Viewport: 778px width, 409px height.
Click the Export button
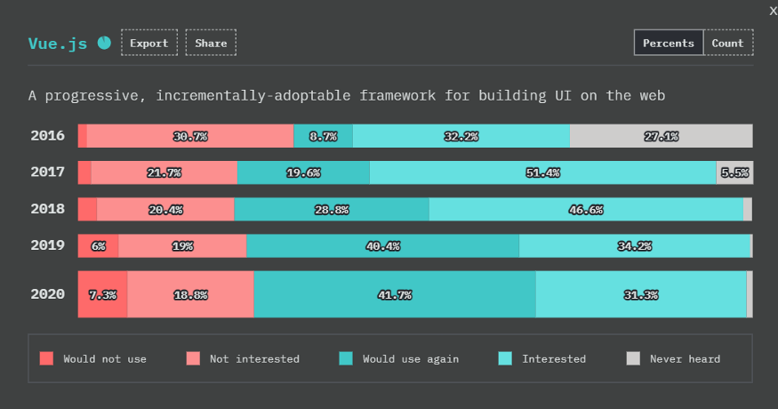click(149, 43)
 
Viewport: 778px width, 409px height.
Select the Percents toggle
click(668, 43)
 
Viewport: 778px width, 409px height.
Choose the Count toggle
click(727, 43)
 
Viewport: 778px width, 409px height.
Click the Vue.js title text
click(58, 44)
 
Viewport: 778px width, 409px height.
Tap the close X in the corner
click(772, 10)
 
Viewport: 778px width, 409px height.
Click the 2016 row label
click(48, 136)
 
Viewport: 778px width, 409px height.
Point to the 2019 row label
click(48, 245)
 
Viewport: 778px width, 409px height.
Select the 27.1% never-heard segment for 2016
click(661, 136)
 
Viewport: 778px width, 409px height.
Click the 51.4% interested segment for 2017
click(542, 172)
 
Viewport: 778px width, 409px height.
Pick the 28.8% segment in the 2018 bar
click(331, 209)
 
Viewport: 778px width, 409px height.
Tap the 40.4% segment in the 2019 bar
click(382, 245)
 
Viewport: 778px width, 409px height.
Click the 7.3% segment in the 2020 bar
click(102, 294)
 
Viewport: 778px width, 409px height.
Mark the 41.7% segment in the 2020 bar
click(394, 294)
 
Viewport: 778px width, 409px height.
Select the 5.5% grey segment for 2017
click(734, 172)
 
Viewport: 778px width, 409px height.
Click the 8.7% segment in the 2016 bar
click(323, 136)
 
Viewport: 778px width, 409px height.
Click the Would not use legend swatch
click(47, 359)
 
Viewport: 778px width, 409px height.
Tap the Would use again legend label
click(410, 359)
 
